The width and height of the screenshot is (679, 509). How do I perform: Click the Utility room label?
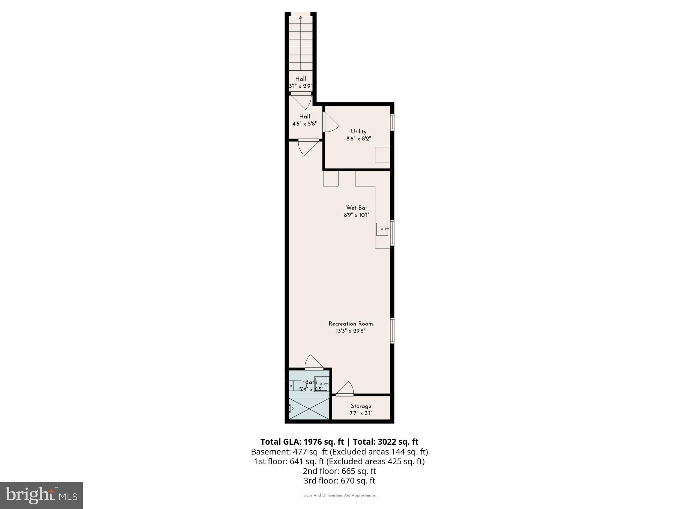pyautogui.click(x=358, y=132)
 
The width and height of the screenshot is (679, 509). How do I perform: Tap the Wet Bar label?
pyautogui.click(x=356, y=208)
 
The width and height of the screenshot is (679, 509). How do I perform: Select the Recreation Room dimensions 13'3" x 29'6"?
pyautogui.click(x=350, y=331)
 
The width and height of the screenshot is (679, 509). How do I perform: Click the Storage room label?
pyautogui.click(x=361, y=406)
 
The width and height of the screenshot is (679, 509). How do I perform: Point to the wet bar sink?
pyautogui.click(x=383, y=229)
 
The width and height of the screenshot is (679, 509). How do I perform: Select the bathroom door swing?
pyautogui.click(x=313, y=362)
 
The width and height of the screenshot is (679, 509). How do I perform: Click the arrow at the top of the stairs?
pyautogui.click(x=301, y=18)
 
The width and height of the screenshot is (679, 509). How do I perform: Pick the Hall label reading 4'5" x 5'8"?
pyautogui.click(x=304, y=120)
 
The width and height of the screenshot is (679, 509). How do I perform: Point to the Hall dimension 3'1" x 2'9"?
pyautogui.click(x=301, y=86)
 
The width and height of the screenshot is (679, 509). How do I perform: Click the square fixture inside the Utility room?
pyautogui.click(x=382, y=155)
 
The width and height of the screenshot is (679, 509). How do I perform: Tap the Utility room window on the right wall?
pyautogui.click(x=392, y=122)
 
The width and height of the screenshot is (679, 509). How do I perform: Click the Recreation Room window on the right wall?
pyautogui.click(x=392, y=330)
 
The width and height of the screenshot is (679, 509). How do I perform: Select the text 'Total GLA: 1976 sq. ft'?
pyautogui.click(x=302, y=442)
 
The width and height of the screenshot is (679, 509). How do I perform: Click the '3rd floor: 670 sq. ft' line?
pyautogui.click(x=339, y=481)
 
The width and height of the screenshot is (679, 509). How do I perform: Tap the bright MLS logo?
pyautogui.click(x=41, y=495)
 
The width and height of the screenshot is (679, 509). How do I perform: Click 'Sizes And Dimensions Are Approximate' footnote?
pyautogui.click(x=339, y=495)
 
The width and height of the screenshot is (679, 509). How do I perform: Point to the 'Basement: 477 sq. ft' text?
pyautogui.click(x=289, y=452)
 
